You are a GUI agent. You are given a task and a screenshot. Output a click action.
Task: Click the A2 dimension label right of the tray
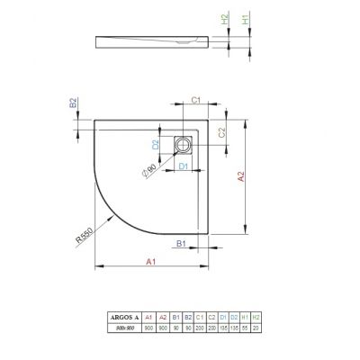point(240,178)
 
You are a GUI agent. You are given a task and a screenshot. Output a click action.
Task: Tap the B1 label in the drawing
point(181,244)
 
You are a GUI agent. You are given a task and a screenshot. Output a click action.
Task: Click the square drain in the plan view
point(184,143)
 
